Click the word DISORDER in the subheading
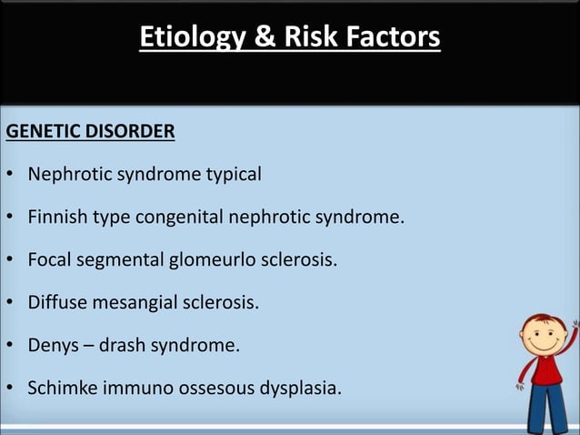[130, 132]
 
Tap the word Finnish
[56, 217]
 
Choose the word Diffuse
[55, 303]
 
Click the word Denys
[51, 346]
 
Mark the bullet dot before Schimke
[9, 389]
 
